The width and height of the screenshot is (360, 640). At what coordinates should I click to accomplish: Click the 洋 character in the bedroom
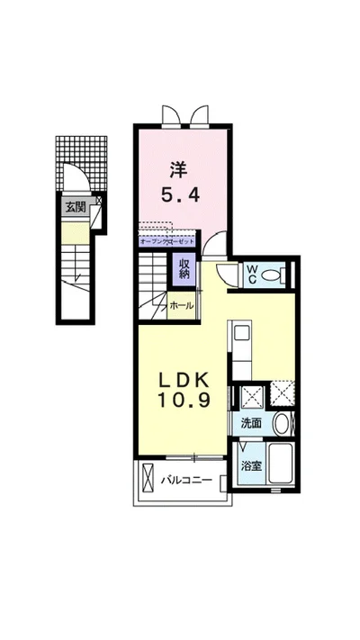click(180, 167)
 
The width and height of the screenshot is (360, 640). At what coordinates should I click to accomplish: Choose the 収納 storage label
click(184, 268)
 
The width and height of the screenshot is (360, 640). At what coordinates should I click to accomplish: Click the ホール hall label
click(182, 306)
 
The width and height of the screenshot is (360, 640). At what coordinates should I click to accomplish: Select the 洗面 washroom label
click(251, 423)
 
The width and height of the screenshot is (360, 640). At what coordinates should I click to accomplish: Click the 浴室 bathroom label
click(251, 466)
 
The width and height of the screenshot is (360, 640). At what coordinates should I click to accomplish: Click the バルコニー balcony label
click(186, 481)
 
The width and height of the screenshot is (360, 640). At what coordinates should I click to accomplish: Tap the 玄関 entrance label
click(75, 206)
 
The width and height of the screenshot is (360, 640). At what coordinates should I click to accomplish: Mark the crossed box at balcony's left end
click(147, 480)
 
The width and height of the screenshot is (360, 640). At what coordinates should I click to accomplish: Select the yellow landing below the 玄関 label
click(75, 233)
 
